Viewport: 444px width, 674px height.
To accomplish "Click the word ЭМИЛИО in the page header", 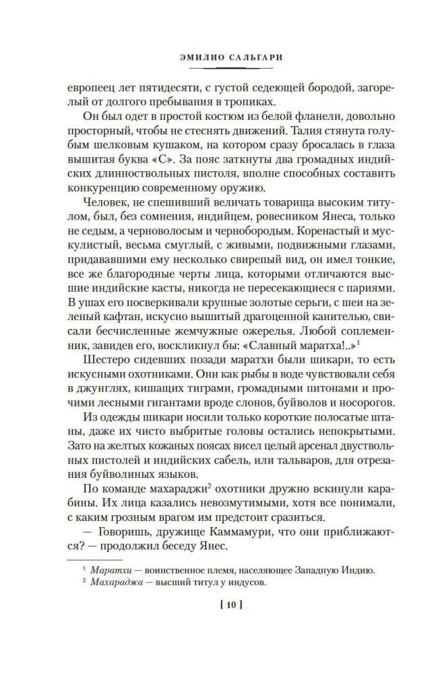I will point(191,57).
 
